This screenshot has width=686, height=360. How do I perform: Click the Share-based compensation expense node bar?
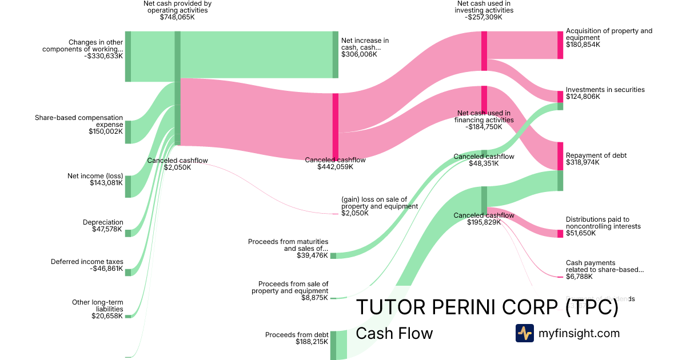128,132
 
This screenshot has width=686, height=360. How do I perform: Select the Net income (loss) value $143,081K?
106,183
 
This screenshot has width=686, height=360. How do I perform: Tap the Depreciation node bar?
128,233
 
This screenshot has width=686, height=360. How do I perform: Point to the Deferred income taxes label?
87,262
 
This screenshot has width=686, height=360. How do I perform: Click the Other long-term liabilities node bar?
128,316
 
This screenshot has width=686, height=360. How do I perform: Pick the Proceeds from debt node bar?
334,345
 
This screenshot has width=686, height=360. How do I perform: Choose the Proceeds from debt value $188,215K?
312,342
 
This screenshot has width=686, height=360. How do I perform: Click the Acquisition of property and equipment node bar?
560,45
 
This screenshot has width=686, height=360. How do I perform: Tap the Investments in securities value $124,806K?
583,97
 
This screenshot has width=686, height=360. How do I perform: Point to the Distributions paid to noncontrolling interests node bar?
560,234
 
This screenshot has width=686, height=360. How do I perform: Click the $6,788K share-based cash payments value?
579,277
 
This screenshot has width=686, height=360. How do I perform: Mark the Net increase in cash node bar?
336,55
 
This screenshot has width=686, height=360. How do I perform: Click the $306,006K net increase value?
359,54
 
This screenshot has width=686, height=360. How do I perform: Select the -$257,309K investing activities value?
485,17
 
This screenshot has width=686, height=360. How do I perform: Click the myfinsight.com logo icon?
524,333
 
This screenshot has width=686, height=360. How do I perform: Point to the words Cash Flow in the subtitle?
394,333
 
